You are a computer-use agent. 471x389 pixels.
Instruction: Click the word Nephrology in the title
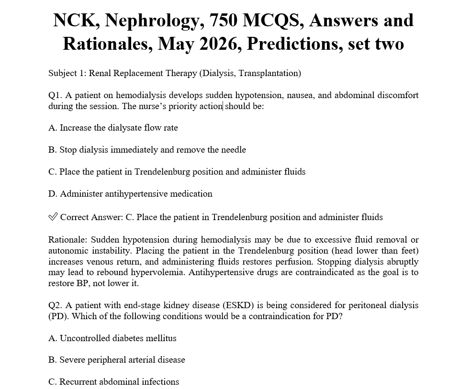[153, 21]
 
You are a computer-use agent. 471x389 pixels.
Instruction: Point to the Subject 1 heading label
[67, 73]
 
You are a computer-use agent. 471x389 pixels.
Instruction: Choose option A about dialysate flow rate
[113, 128]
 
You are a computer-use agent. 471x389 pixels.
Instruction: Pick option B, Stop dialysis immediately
[147, 150]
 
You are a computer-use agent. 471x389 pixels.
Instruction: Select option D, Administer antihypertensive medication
[130, 194]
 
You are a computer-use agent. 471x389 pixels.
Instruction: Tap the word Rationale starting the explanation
[67, 240]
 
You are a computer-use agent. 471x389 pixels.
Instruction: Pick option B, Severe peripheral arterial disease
[116, 360]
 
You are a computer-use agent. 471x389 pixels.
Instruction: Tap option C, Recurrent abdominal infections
[113, 382]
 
